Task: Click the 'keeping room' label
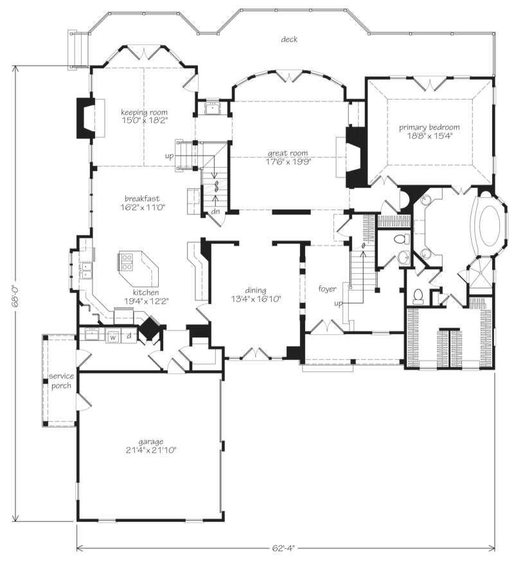click(x=144, y=112)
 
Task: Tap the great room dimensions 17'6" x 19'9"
click(x=287, y=161)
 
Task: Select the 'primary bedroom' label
click(x=429, y=127)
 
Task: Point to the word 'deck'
click(x=289, y=39)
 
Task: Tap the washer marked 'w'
click(x=113, y=337)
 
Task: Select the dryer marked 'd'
click(x=129, y=336)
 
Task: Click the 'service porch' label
click(x=61, y=380)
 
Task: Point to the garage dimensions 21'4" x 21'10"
click(x=151, y=450)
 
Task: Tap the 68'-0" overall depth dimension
click(x=15, y=293)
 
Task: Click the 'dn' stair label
click(x=215, y=212)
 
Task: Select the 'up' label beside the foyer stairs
click(x=338, y=303)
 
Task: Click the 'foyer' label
click(x=327, y=289)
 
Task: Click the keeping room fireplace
click(x=86, y=118)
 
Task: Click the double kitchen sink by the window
click(x=86, y=271)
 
